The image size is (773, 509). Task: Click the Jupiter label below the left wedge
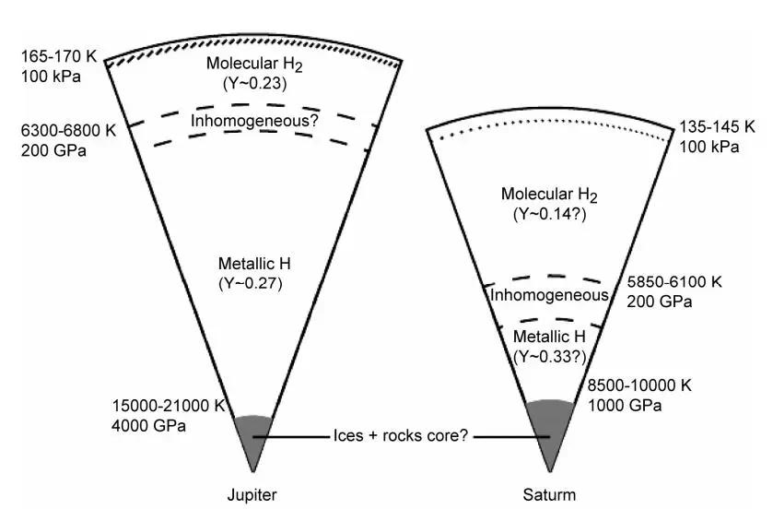point(252,494)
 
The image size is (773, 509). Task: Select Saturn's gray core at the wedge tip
point(551,430)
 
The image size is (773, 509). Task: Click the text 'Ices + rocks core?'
point(402,436)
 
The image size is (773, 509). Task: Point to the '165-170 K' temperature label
point(53,57)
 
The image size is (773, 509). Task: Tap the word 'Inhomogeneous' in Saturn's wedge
point(549,295)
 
